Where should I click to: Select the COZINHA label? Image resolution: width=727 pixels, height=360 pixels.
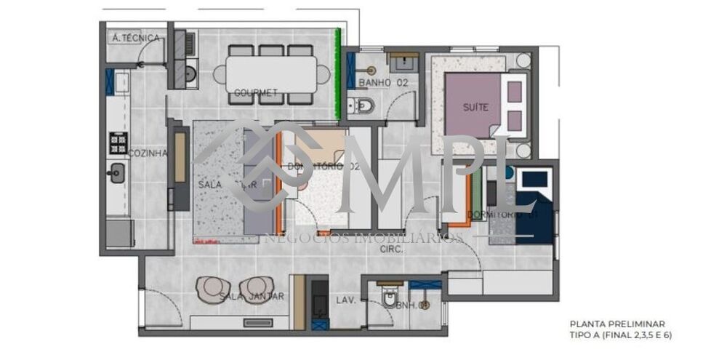[x=148, y=153]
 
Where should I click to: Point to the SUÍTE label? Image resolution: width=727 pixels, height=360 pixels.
[x=475, y=108]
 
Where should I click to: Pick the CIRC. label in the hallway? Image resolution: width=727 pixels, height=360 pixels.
[x=393, y=249]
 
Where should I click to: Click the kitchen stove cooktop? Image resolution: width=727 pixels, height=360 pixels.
[x=118, y=142]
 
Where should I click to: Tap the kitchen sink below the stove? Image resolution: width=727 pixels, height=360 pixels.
[x=116, y=173]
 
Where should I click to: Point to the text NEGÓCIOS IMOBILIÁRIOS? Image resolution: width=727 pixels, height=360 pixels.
[x=363, y=238]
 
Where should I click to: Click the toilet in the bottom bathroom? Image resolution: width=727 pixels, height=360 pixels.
[x=390, y=299]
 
